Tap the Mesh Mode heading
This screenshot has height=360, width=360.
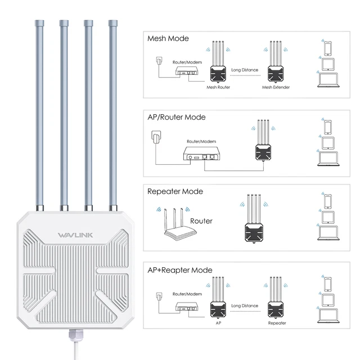pos(168,39)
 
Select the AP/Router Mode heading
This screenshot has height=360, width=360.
pos(176,117)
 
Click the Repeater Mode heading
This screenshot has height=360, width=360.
pos(175,191)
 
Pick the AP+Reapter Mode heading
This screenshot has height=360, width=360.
pos(180,270)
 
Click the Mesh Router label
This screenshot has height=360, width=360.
pos(218,87)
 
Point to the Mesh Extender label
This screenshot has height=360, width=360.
pos(275,87)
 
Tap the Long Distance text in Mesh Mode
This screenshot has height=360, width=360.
pos(245,70)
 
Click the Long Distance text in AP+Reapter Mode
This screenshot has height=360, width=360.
pos(245,306)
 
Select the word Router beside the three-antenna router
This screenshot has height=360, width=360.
pos(201,221)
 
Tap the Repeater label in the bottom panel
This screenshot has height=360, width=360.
pos(277,323)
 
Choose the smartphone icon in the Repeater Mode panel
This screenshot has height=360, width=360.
pos(328,200)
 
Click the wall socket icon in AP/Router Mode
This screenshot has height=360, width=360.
pos(156,137)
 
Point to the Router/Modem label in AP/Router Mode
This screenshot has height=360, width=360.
pos(200,142)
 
